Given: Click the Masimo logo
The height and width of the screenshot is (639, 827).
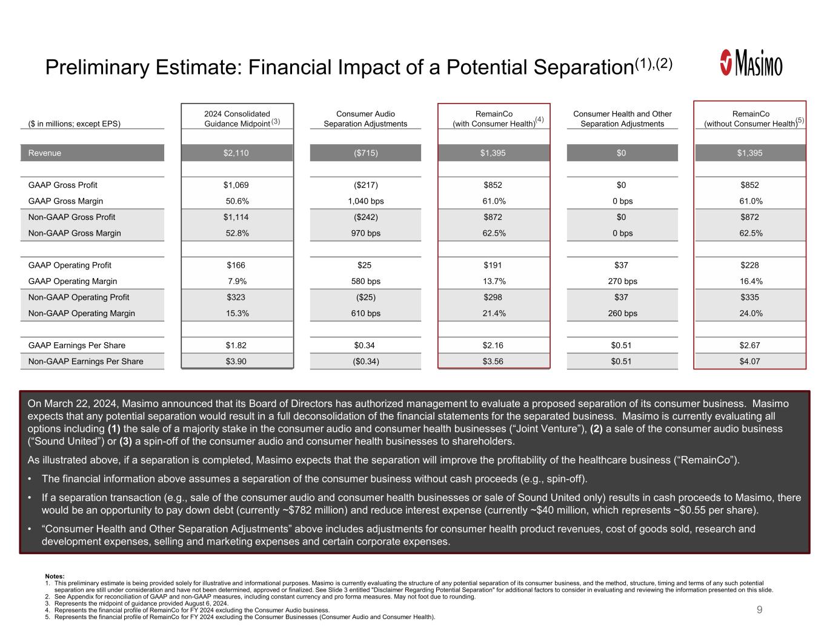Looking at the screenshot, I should (751, 63).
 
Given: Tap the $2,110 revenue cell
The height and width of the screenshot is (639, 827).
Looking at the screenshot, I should (236, 153).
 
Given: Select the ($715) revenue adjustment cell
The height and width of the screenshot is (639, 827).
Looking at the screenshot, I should (365, 153).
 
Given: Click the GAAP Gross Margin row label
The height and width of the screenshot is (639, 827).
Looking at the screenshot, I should (65, 201).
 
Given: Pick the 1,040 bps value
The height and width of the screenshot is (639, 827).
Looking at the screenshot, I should (365, 201).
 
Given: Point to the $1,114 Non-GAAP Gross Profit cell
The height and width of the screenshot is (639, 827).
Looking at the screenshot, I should (236, 217).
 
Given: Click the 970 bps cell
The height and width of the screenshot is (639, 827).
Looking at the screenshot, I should (365, 233).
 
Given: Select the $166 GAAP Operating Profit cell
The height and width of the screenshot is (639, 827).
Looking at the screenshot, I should (236, 265).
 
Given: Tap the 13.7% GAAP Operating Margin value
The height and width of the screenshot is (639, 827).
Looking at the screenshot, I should (494, 281).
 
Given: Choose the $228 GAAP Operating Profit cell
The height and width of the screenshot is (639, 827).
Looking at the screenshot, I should (749, 265).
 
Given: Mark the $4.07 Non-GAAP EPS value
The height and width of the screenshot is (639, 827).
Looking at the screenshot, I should (750, 362).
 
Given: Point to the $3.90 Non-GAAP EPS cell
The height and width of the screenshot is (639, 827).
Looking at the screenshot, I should (236, 362).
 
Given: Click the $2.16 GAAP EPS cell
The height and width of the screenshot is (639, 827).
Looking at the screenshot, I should (493, 345).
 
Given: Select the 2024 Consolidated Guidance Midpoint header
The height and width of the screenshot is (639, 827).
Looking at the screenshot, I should (237, 119).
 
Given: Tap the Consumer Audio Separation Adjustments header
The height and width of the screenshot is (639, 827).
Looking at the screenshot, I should (365, 119).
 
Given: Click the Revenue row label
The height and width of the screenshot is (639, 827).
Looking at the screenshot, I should (45, 153).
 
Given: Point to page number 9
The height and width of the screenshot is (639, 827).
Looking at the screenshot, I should (760, 609).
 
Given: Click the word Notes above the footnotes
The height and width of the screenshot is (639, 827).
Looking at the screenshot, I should (55, 576).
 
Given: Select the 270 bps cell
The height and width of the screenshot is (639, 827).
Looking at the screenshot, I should (622, 281).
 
